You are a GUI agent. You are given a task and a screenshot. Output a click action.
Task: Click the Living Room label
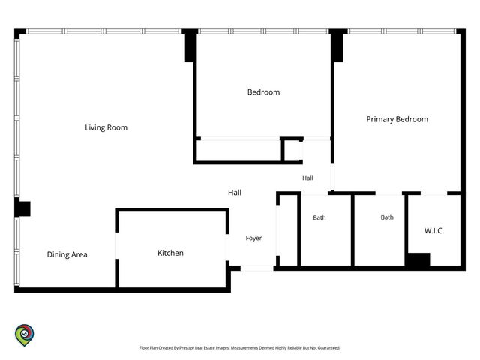(x=106, y=127)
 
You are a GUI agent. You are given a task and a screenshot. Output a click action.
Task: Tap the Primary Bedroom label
(x=397, y=119)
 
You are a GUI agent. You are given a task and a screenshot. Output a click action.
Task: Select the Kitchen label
(x=170, y=253)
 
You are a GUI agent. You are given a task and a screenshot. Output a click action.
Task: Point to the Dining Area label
(x=67, y=254)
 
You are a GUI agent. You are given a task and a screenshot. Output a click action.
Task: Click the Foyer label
(x=253, y=238)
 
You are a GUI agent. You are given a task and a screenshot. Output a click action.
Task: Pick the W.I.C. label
(x=434, y=230)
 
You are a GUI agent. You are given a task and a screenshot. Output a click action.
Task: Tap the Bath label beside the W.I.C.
(x=387, y=217)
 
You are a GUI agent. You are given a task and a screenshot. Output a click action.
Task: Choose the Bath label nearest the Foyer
(x=319, y=217)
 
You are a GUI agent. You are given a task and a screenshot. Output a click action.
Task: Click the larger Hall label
(x=235, y=193)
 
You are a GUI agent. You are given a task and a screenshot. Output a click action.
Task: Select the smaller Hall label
(x=307, y=178)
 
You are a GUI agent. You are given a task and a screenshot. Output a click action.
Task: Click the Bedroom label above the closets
(x=263, y=92)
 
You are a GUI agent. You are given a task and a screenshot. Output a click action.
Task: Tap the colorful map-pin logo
(x=25, y=335)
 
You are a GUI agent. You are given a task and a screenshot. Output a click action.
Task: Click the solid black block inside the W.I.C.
(x=418, y=259)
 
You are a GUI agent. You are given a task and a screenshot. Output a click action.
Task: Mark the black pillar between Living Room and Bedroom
(x=190, y=46)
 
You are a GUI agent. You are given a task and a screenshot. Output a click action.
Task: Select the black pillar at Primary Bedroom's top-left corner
(x=337, y=46)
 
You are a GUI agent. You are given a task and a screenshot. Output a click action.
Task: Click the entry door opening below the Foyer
(x=256, y=268)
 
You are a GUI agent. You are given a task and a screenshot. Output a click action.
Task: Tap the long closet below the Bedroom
(x=238, y=151)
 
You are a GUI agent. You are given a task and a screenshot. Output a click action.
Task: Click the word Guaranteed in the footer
(x=328, y=348)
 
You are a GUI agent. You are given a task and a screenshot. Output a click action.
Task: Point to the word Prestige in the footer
(x=187, y=348)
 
